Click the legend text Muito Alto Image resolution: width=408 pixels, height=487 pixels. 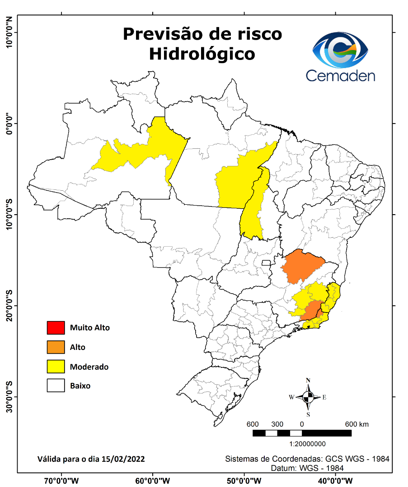(x=89, y=328)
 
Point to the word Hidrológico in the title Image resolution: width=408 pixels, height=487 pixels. (x=202, y=54)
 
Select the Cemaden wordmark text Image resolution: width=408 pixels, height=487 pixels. (x=340, y=75)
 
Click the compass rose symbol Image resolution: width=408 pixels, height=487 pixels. (x=308, y=397)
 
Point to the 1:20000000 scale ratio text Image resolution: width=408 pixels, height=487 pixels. (x=308, y=444)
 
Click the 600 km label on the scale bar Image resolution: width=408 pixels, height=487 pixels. (x=357, y=424)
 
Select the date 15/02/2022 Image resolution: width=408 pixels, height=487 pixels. (x=124, y=459)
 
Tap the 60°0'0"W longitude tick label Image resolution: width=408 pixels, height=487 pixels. (x=152, y=480)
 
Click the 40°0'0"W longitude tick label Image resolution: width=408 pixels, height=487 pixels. (x=335, y=480)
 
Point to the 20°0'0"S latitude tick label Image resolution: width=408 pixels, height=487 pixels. (x=9, y=306)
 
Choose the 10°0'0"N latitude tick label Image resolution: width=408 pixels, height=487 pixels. (x=9, y=32)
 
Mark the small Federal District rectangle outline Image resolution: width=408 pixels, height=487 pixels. (x=266, y=262)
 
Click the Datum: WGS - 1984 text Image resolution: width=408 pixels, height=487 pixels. (x=307, y=468)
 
